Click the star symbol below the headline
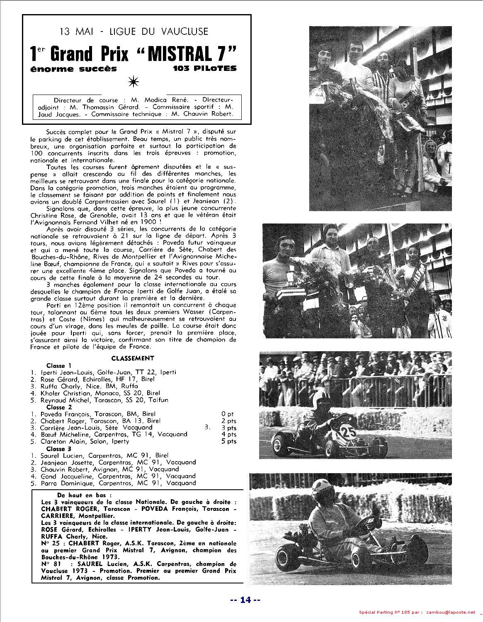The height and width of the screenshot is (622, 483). click(134, 82)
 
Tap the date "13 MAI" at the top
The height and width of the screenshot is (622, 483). click(76, 31)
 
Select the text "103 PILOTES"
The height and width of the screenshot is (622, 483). click(205, 69)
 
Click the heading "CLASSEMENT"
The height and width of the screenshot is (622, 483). click(133, 358)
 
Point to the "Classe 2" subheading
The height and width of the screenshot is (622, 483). click(59, 407)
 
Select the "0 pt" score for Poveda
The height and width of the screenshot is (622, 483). click(228, 414)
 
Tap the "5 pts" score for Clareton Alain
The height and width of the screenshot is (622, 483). click(229, 441)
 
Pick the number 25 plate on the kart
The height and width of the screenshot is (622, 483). click(348, 432)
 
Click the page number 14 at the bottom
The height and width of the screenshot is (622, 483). click(245, 599)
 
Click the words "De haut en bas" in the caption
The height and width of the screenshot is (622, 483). click(84, 495)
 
